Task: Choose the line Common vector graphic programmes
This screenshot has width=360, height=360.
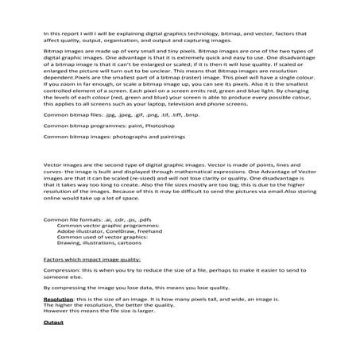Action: click(108, 224)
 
